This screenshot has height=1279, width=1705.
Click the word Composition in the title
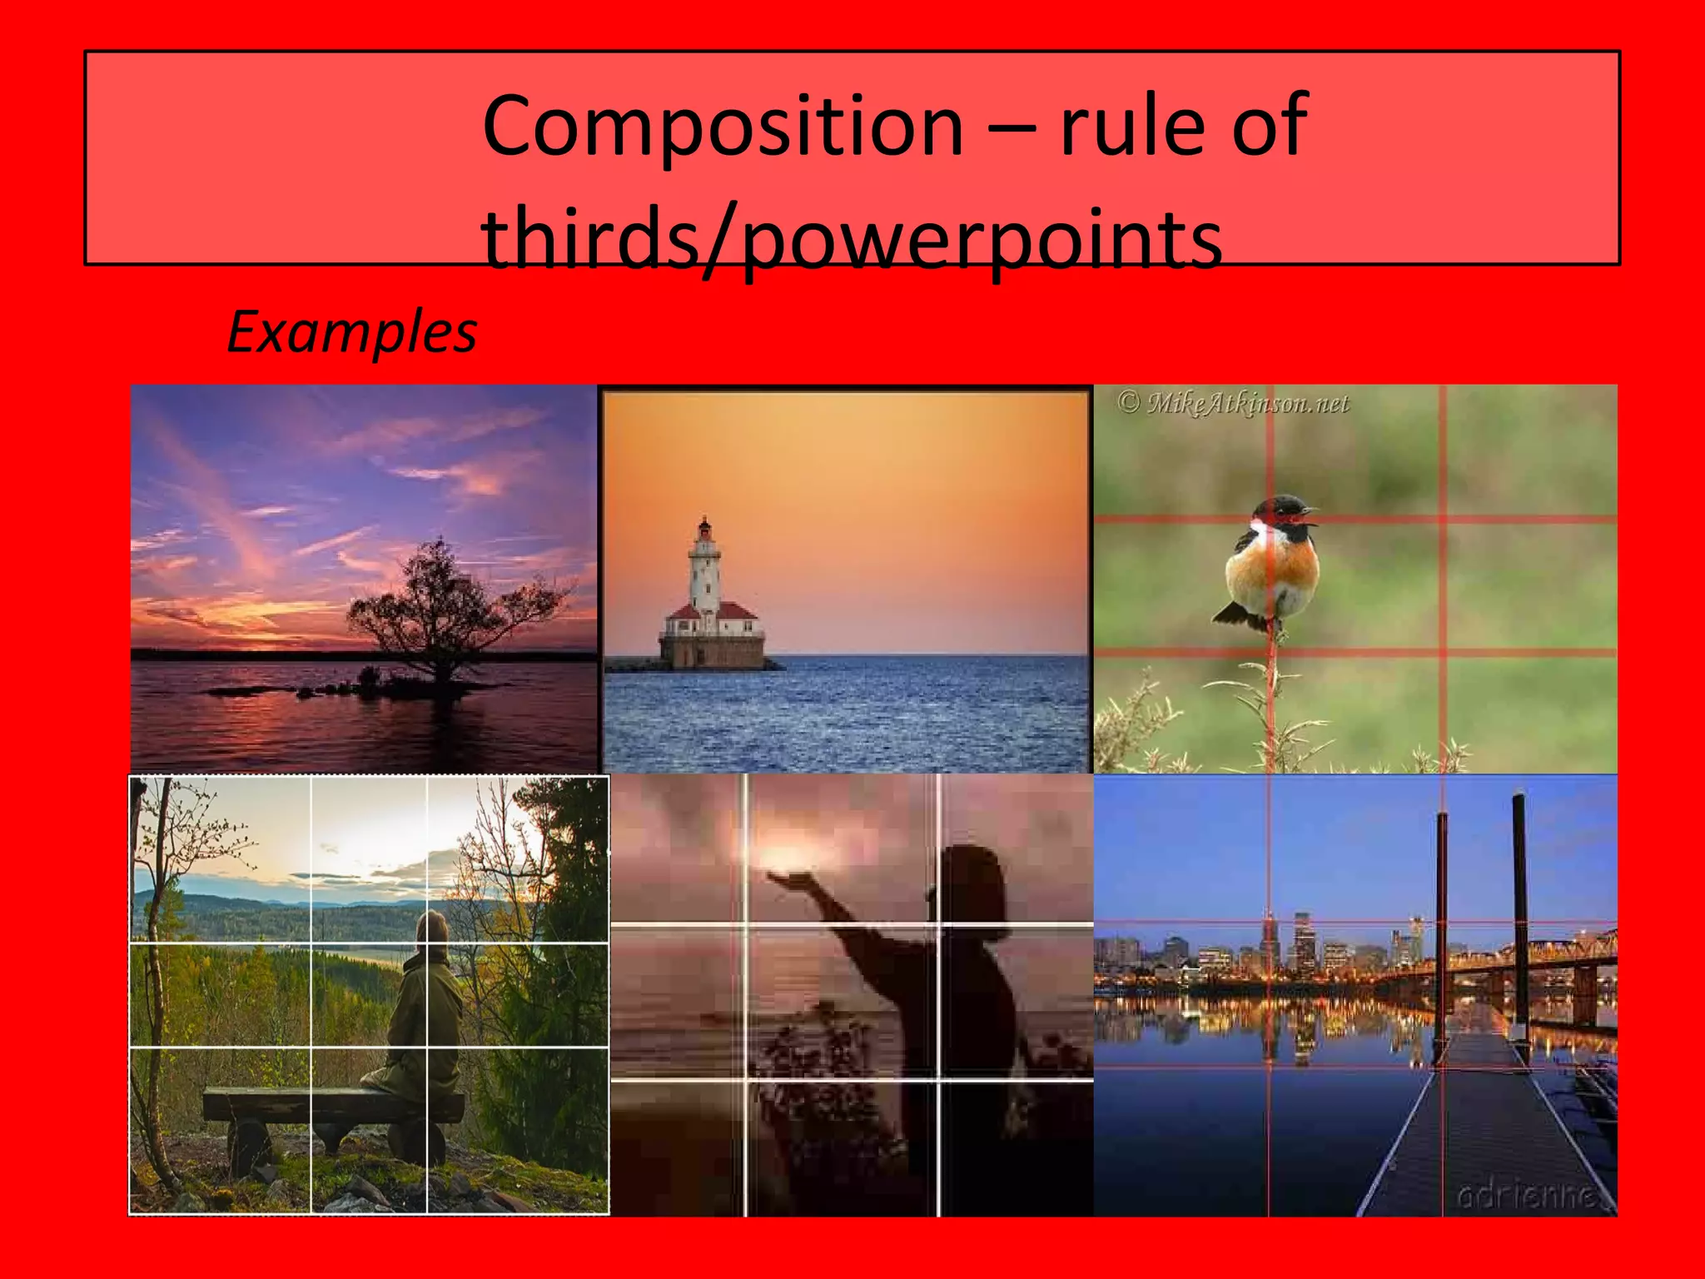click(x=723, y=127)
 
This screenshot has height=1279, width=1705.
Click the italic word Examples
click(x=351, y=332)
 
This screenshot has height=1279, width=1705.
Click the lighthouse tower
click(x=705, y=575)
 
